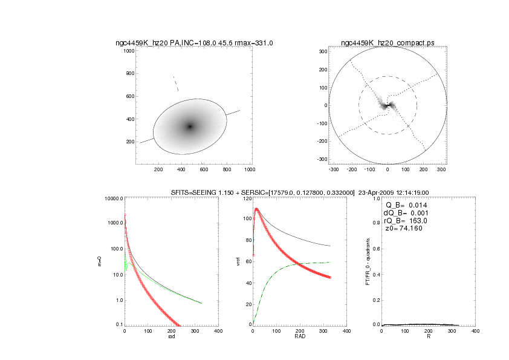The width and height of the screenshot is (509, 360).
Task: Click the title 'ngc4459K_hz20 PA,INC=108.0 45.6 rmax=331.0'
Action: click(x=194, y=43)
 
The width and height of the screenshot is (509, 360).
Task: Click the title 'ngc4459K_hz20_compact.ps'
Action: click(x=387, y=43)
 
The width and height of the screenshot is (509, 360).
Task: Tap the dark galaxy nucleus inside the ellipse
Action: click(x=190, y=126)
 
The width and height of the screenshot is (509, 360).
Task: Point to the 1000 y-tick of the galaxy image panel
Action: click(x=128, y=51)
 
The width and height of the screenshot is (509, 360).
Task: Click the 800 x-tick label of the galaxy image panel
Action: click(x=227, y=170)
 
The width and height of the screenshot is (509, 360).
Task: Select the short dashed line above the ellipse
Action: click(x=175, y=83)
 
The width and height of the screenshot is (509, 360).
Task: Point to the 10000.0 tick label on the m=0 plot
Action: click(x=112, y=199)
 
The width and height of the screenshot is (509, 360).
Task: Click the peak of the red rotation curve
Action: click(x=257, y=209)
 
